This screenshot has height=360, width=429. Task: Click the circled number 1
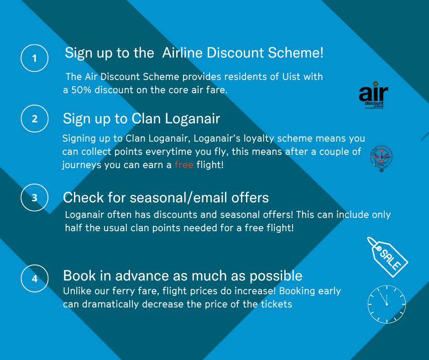pos(35,58)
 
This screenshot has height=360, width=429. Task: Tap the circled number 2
pos(35,119)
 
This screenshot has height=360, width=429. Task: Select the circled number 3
pos(35,197)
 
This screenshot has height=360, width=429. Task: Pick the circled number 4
pos(35,278)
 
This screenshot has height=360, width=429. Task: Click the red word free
pos(184,164)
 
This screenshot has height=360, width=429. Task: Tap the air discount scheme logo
pos(373,95)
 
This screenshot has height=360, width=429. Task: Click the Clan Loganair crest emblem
pos(382,159)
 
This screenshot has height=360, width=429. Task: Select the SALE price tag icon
pos(387,257)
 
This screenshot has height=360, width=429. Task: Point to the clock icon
pos(387,304)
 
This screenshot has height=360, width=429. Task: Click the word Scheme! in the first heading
pos(295,53)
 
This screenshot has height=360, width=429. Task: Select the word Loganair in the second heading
pos(192,119)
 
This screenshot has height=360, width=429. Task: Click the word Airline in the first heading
pos(182,53)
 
